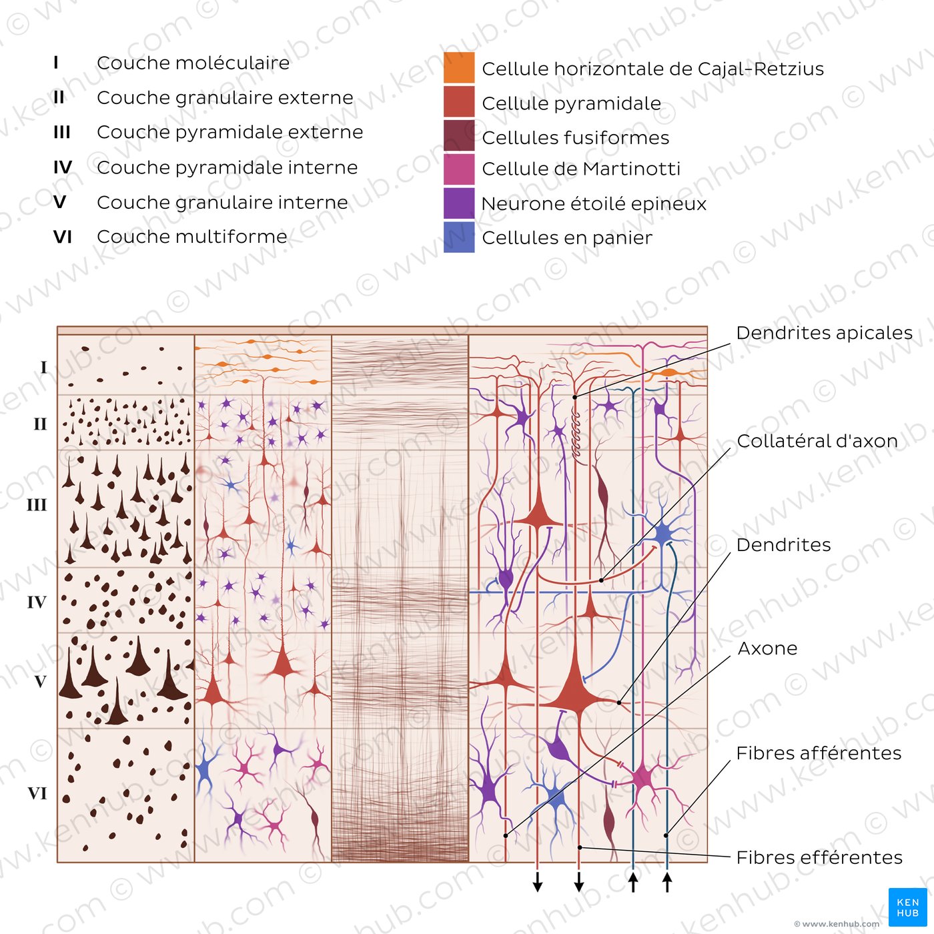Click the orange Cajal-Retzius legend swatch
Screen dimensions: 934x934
click(459, 68)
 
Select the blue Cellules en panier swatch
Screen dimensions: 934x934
click(459, 237)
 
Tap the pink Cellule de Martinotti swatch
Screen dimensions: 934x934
click(459, 169)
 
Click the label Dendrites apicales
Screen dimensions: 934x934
click(824, 333)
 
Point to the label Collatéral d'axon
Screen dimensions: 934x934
click(817, 441)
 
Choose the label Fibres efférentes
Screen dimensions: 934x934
click(819, 857)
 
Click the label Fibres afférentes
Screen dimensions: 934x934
click(819, 753)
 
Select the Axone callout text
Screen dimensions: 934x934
click(767, 648)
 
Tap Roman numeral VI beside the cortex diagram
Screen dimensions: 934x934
click(37, 793)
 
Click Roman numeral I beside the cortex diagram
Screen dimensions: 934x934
click(43, 368)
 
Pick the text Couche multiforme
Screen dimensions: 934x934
click(192, 237)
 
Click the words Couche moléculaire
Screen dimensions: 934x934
click(193, 63)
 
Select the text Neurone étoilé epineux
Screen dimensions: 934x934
click(594, 203)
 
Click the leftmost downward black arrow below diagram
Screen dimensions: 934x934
click(538, 882)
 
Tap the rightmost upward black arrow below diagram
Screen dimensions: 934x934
click(666, 882)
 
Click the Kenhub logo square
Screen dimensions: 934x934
click(907, 907)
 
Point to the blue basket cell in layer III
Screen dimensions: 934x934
click(663, 534)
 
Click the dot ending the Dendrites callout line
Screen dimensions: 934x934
click(619, 703)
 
